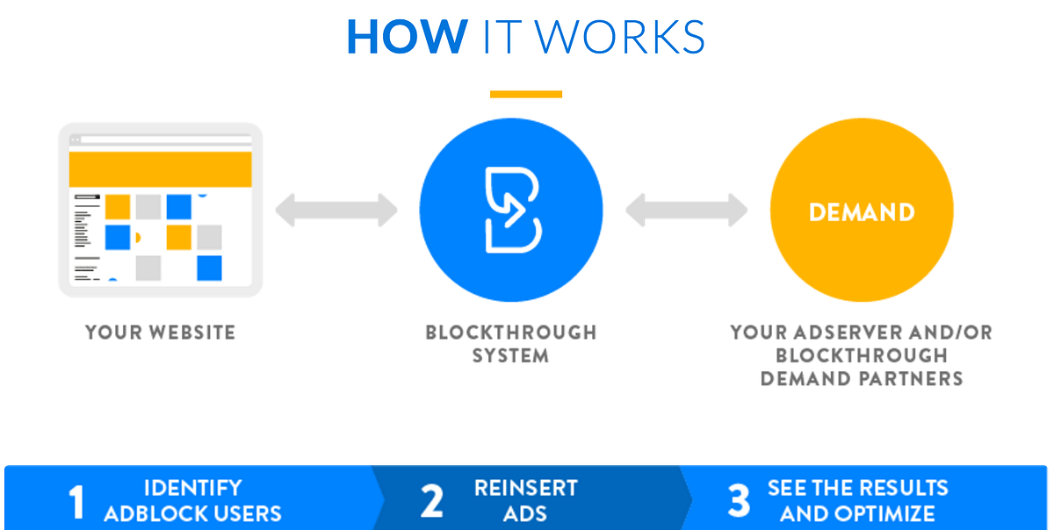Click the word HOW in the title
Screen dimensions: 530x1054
(407, 36)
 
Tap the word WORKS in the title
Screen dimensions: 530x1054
(621, 36)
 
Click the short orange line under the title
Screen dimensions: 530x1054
(526, 94)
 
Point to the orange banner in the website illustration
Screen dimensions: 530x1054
(160, 168)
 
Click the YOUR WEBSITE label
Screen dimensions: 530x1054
(160, 333)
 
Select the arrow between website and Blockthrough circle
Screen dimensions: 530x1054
(336, 210)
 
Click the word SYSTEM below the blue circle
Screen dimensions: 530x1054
(510, 356)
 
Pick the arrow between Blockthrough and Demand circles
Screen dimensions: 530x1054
(686, 210)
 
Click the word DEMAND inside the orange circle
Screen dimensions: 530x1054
(862, 211)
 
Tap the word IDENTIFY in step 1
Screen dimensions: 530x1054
(192, 488)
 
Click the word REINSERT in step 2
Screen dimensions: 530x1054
(526, 488)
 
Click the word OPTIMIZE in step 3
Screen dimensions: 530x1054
(886, 513)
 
